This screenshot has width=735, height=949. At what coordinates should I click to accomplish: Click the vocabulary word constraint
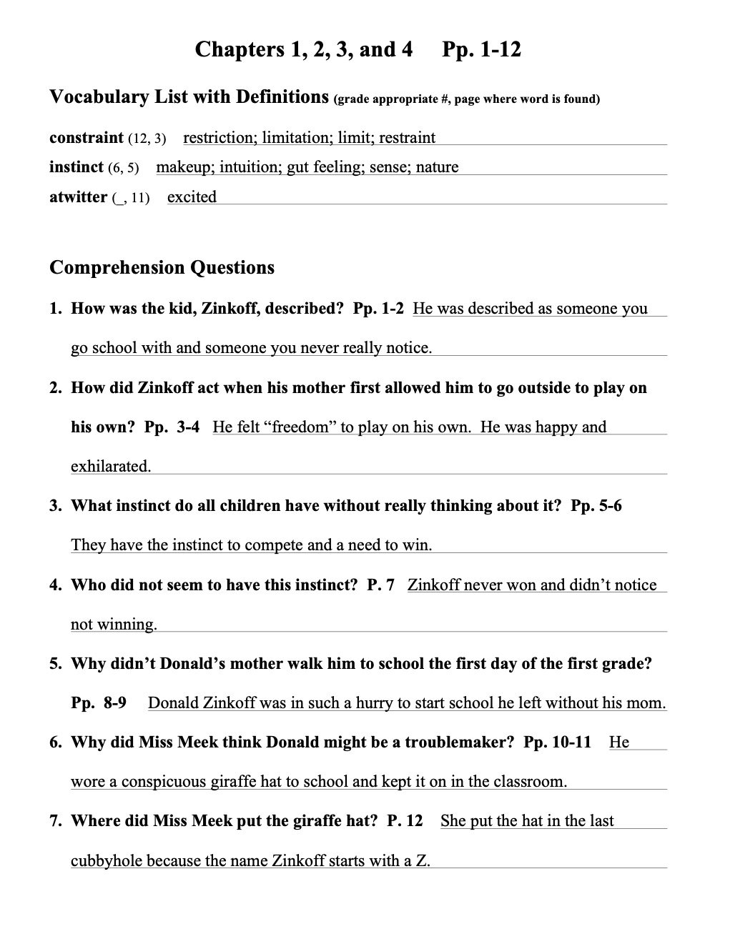(x=87, y=138)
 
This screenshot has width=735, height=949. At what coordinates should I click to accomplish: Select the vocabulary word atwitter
(x=78, y=197)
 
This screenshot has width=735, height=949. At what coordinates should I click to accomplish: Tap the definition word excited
(x=192, y=197)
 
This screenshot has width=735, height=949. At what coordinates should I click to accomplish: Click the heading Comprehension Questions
(x=162, y=267)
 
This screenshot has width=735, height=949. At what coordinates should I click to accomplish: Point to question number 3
(x=56, y=506)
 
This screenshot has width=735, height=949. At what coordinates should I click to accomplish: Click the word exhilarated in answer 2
(x=111, y=467)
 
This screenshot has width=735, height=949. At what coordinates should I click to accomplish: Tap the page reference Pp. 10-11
(x=557, y=742)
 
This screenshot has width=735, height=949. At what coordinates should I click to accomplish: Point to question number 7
(x=56, y=821)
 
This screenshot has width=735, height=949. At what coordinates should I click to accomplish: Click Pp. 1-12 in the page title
(x=481, y=49)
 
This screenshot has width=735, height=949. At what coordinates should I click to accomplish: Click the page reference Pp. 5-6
(x=596, y=506)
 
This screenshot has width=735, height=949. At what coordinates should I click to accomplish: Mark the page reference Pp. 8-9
(x=99, y=703)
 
